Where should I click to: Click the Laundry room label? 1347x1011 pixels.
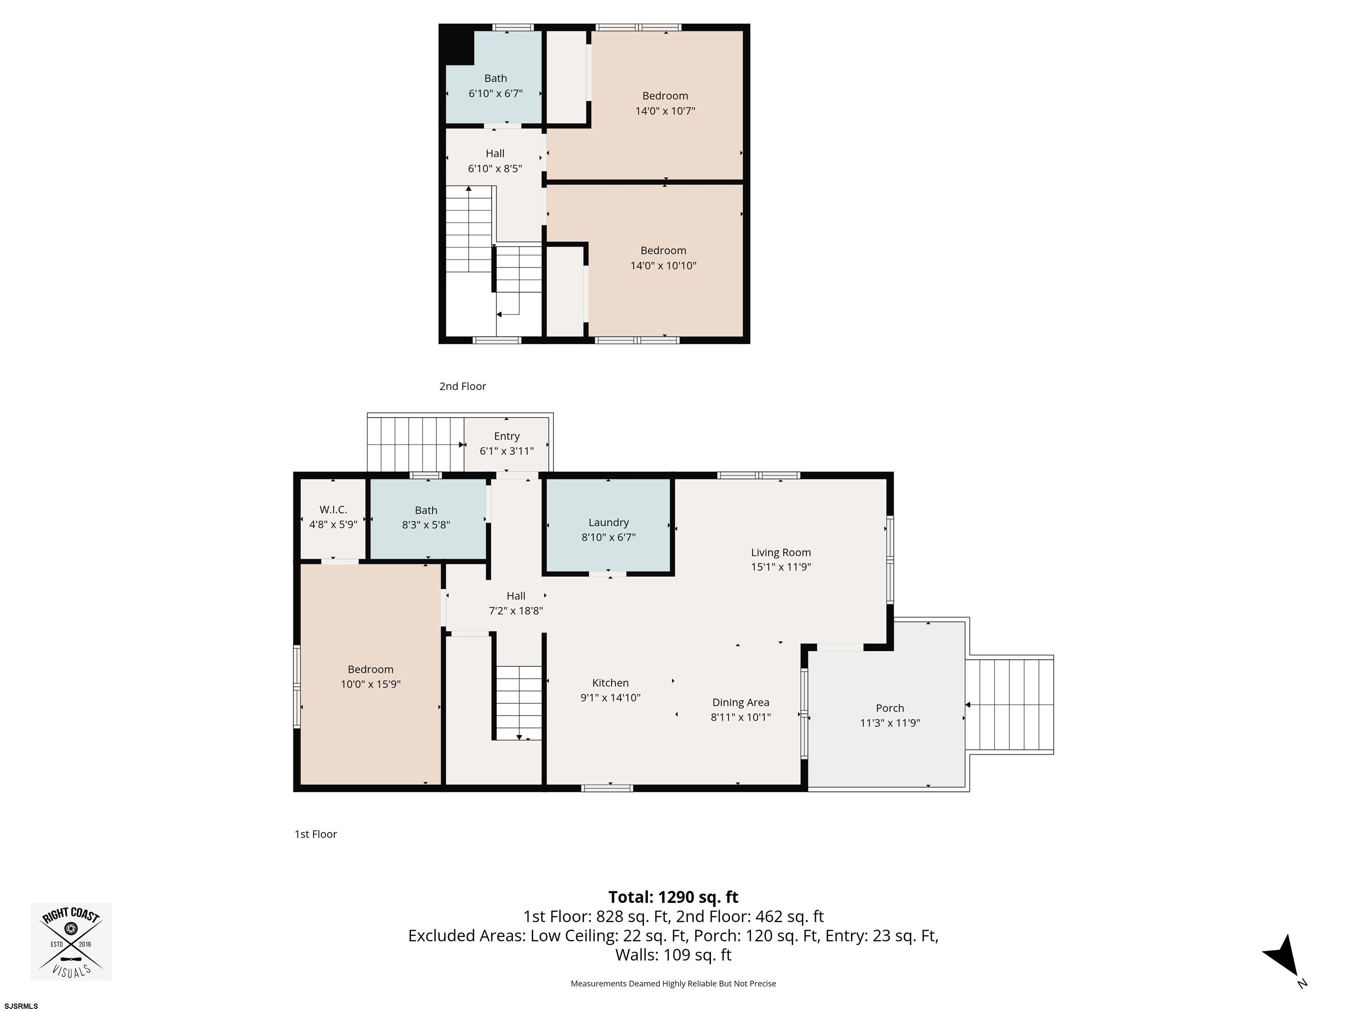coord(608,522)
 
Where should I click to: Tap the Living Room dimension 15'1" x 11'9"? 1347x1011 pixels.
coord(780,567)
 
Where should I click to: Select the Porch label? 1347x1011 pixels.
coord(890,708)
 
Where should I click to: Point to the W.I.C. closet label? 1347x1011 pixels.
coord(333,509)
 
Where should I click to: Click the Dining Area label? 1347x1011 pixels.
coord(741,703)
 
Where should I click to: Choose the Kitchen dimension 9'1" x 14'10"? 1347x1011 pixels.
coord(610,698)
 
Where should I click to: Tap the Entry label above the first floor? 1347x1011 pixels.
coord(506,436)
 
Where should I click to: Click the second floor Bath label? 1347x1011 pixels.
coord(495,78)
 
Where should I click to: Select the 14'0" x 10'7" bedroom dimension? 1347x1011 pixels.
coord(665,111)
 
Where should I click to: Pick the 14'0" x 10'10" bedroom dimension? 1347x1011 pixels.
coord(663,266)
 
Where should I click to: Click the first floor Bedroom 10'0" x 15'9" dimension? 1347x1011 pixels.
coord(370,685)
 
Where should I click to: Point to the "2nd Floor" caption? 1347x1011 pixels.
coord(463,386)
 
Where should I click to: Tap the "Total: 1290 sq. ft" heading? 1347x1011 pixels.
coord(673,897)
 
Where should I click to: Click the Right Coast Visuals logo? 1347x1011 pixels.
coord(71,942)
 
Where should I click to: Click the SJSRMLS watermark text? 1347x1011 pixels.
coord(21,1006)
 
